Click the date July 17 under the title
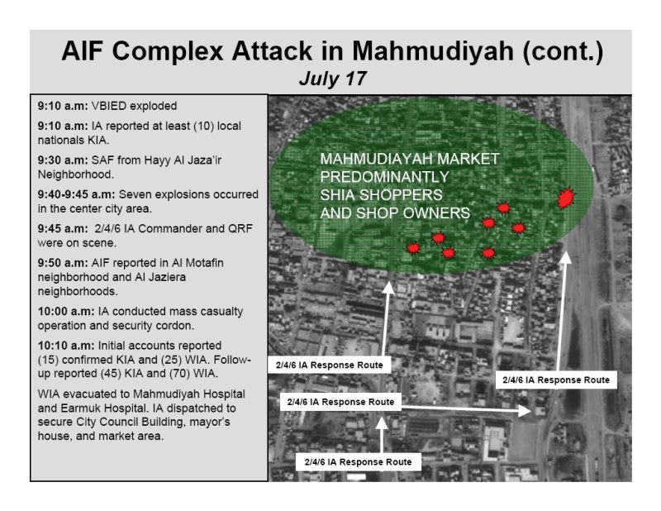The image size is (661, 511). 333,79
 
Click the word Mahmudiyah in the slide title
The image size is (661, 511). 432,50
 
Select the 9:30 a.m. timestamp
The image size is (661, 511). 63,160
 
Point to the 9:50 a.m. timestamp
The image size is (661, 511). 63,263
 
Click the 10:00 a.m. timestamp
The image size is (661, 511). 66,312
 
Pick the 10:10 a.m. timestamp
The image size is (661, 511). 66,346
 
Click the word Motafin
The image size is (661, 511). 204,263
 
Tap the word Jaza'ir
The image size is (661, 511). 206,160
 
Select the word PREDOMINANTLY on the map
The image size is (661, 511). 384,177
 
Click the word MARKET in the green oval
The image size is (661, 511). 468,159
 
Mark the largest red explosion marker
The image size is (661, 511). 566,198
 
